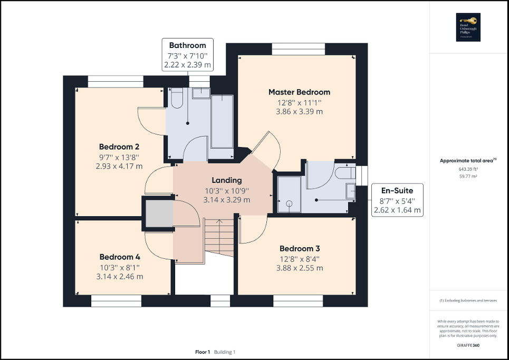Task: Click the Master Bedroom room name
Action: click(x=299, y=92)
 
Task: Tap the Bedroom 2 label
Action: click(x=119, y=147)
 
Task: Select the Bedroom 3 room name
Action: click(x=299, y=248)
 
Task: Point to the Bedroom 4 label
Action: click(x=120, y=257)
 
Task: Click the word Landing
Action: click(x=227, y=180)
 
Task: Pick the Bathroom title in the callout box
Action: click(x=187, y=45)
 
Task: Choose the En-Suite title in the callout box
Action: click(x=397, y=190)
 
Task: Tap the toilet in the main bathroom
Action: click(x=177, y=98)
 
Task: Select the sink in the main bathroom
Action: click(x=200, y=93)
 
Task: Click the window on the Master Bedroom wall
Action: click(x=298, y=48)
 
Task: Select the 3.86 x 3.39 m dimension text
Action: click(x=299, y=112)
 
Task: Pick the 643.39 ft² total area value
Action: click(x=468, y=169)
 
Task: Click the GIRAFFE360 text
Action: click(x=468, y=345)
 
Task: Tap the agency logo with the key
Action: click(x=468, y=26)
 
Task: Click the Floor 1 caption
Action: click(x=203, y=352)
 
